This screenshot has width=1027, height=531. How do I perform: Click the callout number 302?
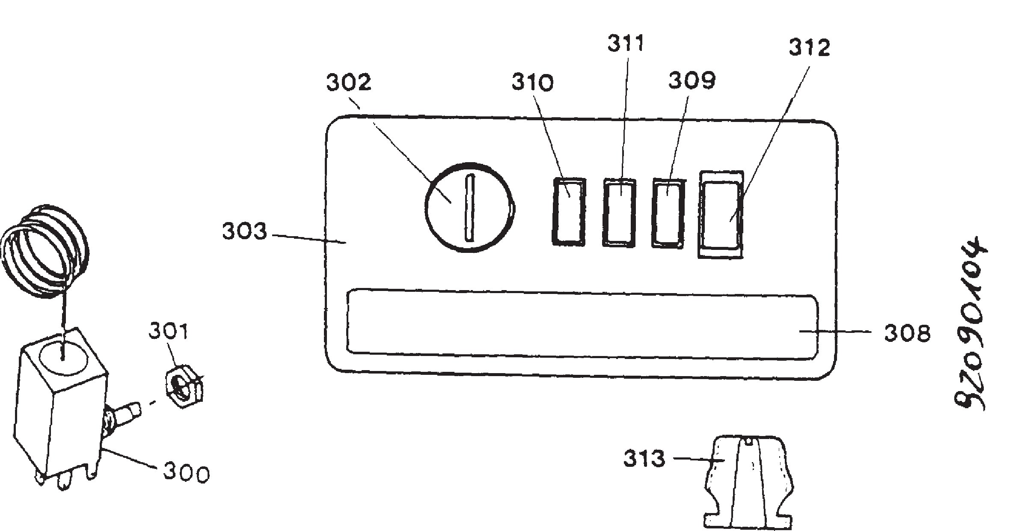point(349,82)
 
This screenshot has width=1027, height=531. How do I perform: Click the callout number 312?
point(809,47)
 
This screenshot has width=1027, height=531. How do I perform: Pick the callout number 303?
point(244,231)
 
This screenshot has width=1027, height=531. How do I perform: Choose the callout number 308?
point(907,333)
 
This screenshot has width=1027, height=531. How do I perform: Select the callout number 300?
point(186,473)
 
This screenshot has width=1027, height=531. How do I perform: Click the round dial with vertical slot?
point(470,207)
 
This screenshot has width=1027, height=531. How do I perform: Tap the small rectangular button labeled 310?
point(569,211)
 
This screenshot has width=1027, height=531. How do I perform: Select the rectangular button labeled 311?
point(619,212)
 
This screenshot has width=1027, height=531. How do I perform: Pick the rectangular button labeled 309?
point(668,213)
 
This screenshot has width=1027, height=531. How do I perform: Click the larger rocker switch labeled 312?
point(721,214)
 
